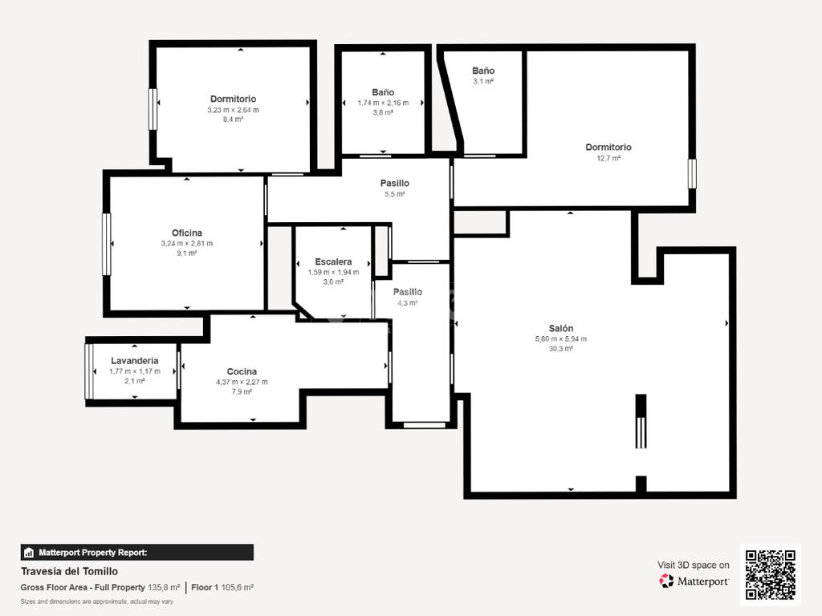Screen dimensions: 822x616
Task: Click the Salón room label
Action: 561,328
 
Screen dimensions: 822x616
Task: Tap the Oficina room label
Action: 186,233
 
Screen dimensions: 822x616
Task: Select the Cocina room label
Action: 242,371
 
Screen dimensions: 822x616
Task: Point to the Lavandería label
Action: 135,360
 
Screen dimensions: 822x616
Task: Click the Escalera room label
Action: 333,261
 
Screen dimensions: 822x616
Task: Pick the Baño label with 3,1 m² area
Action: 483,71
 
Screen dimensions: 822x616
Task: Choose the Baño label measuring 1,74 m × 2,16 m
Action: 383,92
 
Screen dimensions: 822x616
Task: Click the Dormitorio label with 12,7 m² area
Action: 608,148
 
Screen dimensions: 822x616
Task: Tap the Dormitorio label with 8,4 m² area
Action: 234,99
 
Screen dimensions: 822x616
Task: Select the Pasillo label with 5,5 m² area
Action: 395,184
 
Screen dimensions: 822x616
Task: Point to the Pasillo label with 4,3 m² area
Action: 407,292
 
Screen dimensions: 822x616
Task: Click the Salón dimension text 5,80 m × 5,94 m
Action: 561,339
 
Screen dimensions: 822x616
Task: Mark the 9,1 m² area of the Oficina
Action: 186,253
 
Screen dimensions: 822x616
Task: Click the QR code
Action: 771,574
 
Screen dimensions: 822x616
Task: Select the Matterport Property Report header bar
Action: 136,552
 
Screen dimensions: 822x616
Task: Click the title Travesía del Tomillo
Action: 69,571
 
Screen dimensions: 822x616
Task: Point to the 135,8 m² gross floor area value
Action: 164,587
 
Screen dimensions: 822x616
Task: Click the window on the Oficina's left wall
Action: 107,244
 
